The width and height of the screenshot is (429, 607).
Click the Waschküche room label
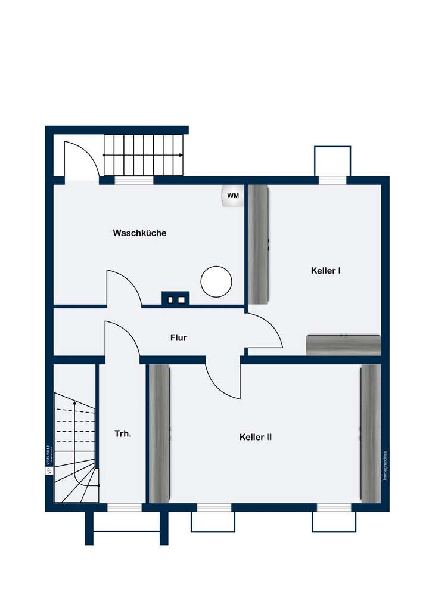[x=139, y=233]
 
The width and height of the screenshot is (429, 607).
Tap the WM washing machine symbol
[x=232, y=196]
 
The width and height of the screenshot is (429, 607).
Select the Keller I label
[x=325, y=271]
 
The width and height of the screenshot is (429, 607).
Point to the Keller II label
[x=256, y=437]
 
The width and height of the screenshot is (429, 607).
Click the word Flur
[x=179, y=338]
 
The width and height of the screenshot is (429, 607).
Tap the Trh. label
[x=123, y=433]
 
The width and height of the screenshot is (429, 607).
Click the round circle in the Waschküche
[x=216, y=281]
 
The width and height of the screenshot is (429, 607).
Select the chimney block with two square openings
[x=176, y=298]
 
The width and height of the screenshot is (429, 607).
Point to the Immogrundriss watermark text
[x=386, y=466]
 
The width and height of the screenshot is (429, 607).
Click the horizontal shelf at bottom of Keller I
[x=343, y=345]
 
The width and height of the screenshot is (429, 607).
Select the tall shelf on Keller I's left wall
[x=258, y=244]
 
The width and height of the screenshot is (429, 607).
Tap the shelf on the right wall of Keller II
[x=370, y=433]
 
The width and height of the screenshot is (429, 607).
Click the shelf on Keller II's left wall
[x=160, y=433]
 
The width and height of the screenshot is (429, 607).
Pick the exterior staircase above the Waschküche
[x=144, y=155]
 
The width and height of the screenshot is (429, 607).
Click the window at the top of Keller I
[x=332, y=179]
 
